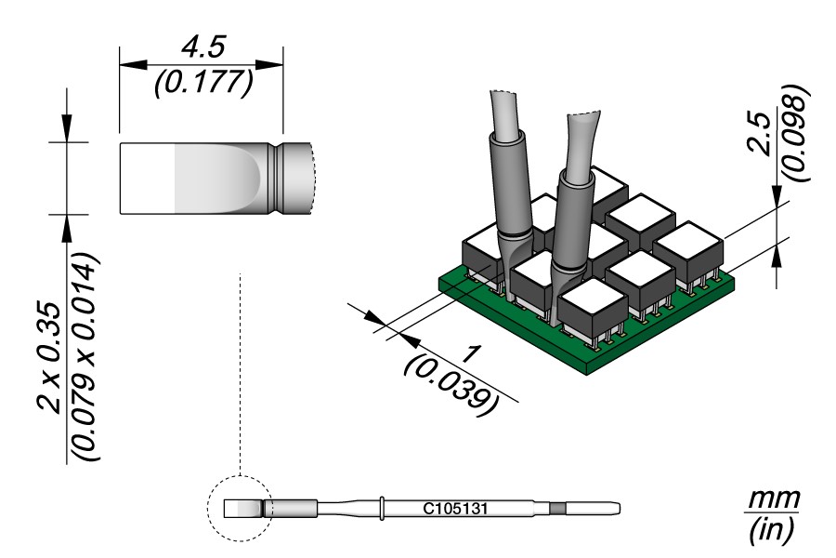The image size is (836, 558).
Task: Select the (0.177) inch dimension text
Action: tap(202, 83)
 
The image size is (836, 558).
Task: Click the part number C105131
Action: tap(455, 509)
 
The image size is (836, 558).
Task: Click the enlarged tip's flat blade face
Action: tap(195, 178)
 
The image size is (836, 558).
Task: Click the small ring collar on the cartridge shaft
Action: tap(382, 508)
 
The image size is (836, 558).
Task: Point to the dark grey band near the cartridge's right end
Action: tap(556, 508)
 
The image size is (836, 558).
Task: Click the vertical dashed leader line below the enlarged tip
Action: tap(240, 372)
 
